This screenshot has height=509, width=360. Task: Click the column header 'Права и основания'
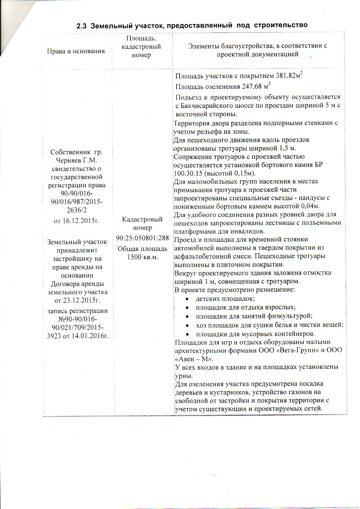point(76,51)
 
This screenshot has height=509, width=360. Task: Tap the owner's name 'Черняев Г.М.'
point(77,160)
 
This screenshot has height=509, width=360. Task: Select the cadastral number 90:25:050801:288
point(142,238)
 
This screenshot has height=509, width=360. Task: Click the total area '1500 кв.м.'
point(142,257)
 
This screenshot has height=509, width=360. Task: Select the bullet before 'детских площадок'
point(188,299)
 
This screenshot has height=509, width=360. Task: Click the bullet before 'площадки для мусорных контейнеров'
point(188,334)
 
